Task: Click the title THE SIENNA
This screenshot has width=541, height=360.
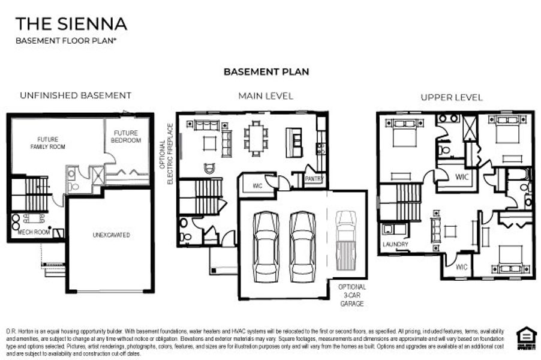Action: (x=71, y=24)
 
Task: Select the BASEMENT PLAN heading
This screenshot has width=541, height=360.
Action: (x=266, y=72)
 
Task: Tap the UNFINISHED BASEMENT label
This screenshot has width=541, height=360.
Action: (x=76, y=95)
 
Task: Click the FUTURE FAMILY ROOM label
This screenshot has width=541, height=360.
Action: (x=47, y=143)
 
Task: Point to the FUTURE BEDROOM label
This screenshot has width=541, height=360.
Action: (x=126, y=137)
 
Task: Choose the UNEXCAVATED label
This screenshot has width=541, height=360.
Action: (x=112, y=235)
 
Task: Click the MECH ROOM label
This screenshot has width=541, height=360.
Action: (x=32, y=232)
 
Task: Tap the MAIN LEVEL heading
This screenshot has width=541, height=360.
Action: (x=266, y=96)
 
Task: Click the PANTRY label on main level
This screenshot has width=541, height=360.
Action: (x=314, y=179)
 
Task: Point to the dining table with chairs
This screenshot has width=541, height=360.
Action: (x=257, y=139)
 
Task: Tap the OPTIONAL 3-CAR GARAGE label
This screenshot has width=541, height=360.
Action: (x=351, y=295)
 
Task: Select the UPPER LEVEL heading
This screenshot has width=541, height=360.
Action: (x=451, y=97)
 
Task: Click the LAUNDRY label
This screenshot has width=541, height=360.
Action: (x=395, y=245)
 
